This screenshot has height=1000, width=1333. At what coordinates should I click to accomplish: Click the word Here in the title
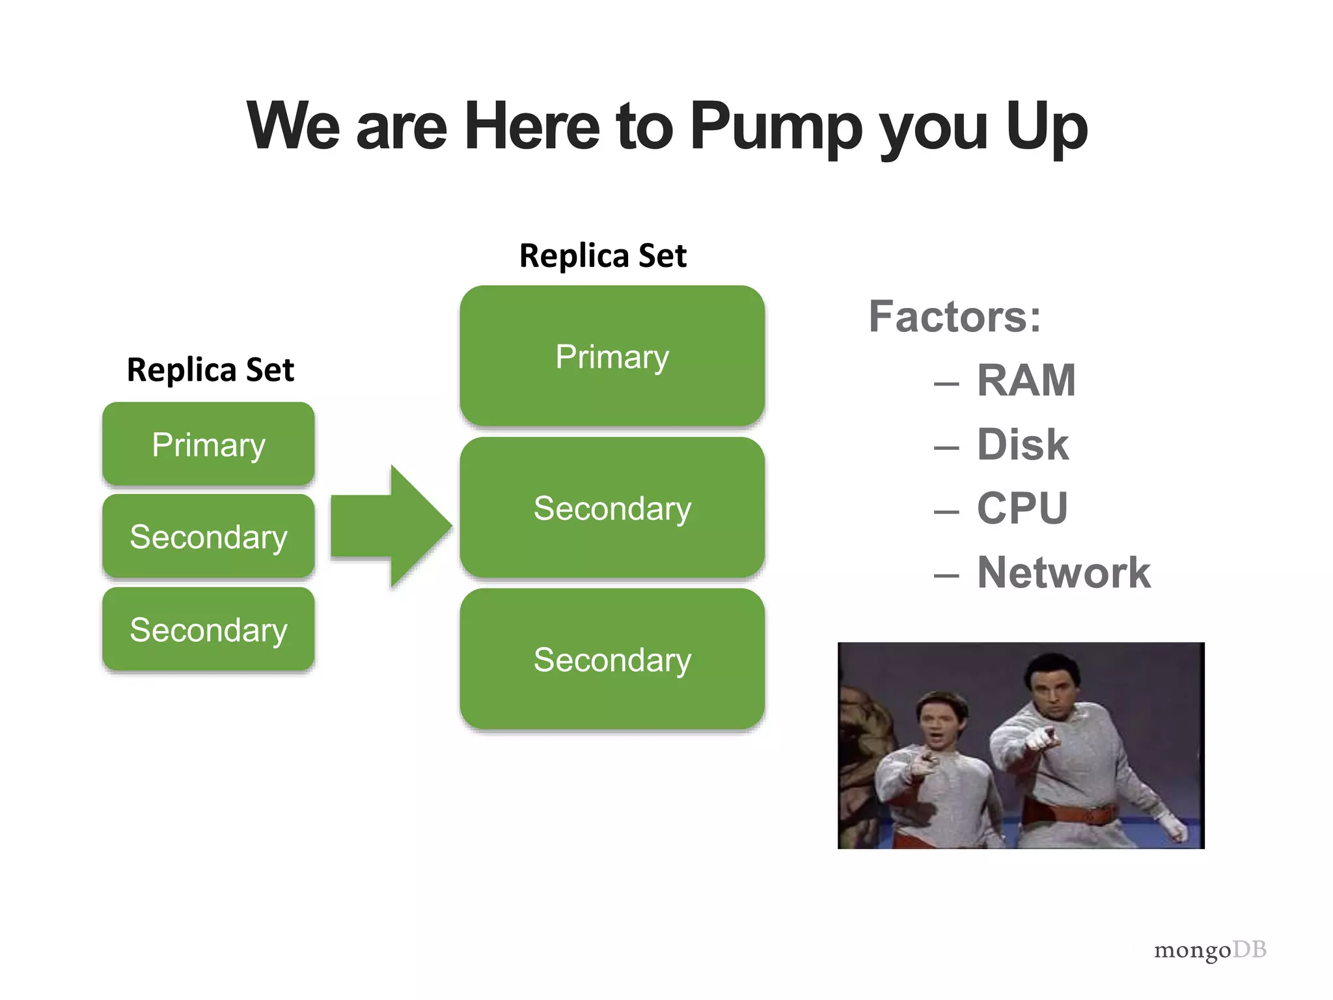(x=531, y=126)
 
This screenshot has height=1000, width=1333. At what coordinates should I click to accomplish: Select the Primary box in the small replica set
(x=208, y=445)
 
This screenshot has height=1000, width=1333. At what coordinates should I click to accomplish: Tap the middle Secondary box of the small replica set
(x=208, y=536)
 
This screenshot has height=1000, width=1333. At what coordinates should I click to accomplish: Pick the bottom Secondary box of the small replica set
(x=208, y=630)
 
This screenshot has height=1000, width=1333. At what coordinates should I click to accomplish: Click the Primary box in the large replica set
(x=612, y=356)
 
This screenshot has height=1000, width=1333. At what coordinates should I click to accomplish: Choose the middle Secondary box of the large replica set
(x=612, y=508)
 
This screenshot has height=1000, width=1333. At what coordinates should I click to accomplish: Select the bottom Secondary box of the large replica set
(x=612, y=660)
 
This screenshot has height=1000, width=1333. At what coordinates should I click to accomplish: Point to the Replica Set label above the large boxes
(x=603, y=255)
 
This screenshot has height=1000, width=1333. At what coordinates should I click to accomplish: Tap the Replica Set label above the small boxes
(x=210, y=370)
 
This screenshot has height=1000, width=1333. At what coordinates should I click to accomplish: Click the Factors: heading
(x=955, y=317)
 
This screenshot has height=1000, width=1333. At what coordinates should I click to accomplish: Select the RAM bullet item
(x=1026, y=380)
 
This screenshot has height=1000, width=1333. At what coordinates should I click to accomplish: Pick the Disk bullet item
(x=1023, y=445)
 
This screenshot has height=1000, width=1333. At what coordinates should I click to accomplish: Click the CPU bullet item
(x=1022, y=508)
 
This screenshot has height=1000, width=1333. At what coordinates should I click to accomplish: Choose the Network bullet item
(x=1064, y=573)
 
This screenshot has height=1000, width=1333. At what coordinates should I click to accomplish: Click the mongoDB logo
(x=1210, y=950)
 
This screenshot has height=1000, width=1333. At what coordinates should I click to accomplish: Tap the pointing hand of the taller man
(x=1039, y=739)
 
